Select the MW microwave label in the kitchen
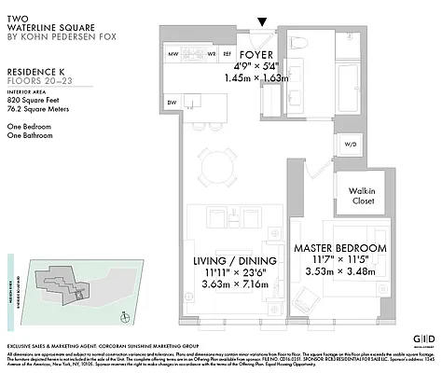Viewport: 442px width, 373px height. pyautogui.click(x=173, y=55)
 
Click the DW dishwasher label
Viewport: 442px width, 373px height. pyautogui.click(x=172, y=103)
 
